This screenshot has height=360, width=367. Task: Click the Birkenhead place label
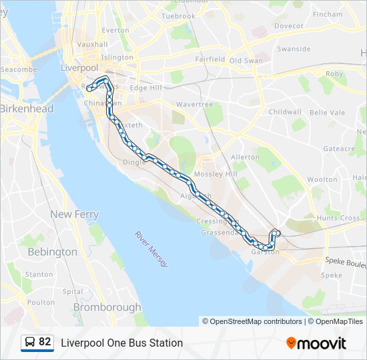27,109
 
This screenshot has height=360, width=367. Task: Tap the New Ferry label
74,215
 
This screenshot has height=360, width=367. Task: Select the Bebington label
52,252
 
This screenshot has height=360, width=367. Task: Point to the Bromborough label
107,307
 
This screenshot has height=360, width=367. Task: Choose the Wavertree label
194,105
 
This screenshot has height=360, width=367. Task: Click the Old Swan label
246,61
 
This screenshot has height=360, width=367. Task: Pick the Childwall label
285,112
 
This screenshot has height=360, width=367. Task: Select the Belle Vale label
328,113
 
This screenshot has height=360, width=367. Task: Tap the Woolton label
322,179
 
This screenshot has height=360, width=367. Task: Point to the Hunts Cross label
338,218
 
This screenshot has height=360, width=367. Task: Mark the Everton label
115,30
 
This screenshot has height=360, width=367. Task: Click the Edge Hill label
146,88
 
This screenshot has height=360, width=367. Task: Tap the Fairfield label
210,59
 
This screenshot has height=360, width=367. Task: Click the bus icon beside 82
30,343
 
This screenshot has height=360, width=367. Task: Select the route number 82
45,342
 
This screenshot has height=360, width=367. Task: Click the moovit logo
316,343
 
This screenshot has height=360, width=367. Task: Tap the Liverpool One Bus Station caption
121,343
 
